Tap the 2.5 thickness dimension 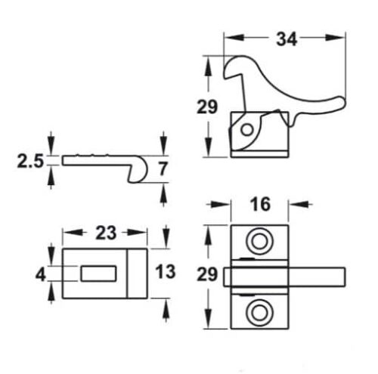tap(29, 161)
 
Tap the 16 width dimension tap(259, 205)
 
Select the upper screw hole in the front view tap(259, 241)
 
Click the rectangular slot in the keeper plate tap(97, 272)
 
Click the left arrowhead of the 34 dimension tap(228, 36)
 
